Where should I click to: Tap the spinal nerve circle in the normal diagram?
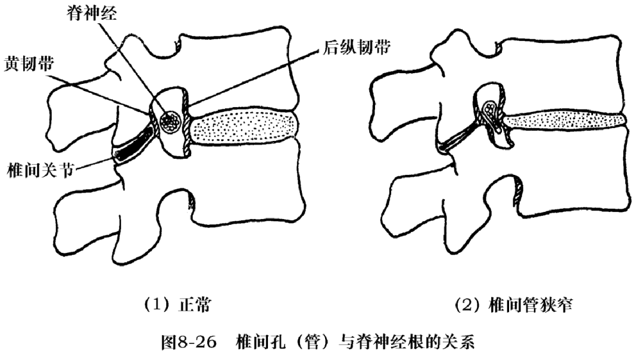(171, 120)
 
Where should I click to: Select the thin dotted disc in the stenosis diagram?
(566, 120)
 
